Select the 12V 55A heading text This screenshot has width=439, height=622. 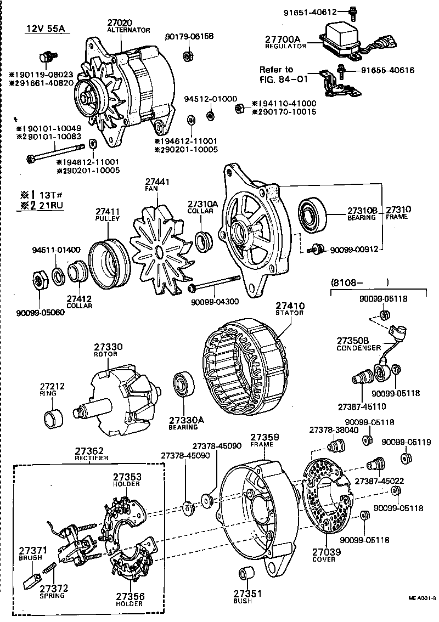tap(47, 29)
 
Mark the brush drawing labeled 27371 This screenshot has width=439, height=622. tap(32, 579)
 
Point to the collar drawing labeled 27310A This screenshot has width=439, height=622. tap(205, 240)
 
